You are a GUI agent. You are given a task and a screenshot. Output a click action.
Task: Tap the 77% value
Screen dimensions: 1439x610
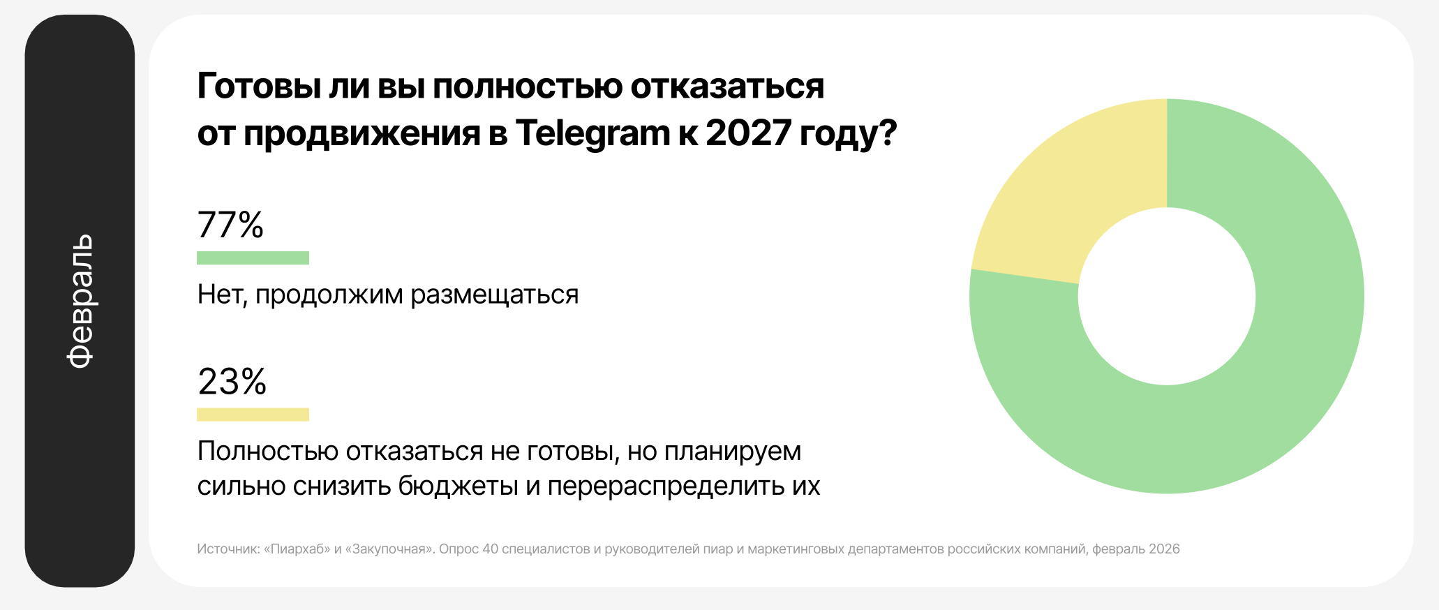tap(230, 225)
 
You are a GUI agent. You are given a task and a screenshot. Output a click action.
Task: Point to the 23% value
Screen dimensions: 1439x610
tap(232, 381)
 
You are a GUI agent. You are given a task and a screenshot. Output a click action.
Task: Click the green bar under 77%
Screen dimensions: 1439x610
tap(253, 258)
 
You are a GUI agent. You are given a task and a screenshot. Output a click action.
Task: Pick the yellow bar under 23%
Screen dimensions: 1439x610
tap(253, 415)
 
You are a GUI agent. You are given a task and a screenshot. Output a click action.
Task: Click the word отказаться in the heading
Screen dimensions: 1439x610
tap(727, 87)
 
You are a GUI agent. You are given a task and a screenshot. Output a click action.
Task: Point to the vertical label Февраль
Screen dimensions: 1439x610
tap(80, 300)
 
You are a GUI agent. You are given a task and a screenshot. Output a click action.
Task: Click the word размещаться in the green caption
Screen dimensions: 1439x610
tap(495, 295)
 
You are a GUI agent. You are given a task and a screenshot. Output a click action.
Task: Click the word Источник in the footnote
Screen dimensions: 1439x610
tap(228, 549)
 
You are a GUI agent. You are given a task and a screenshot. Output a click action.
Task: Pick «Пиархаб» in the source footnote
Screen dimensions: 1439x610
tap(297, 549)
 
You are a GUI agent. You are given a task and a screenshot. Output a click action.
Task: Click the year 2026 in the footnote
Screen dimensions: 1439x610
tap(1164, 549)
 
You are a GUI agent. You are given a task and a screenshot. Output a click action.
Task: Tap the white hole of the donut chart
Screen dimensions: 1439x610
tap(1167, 296)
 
